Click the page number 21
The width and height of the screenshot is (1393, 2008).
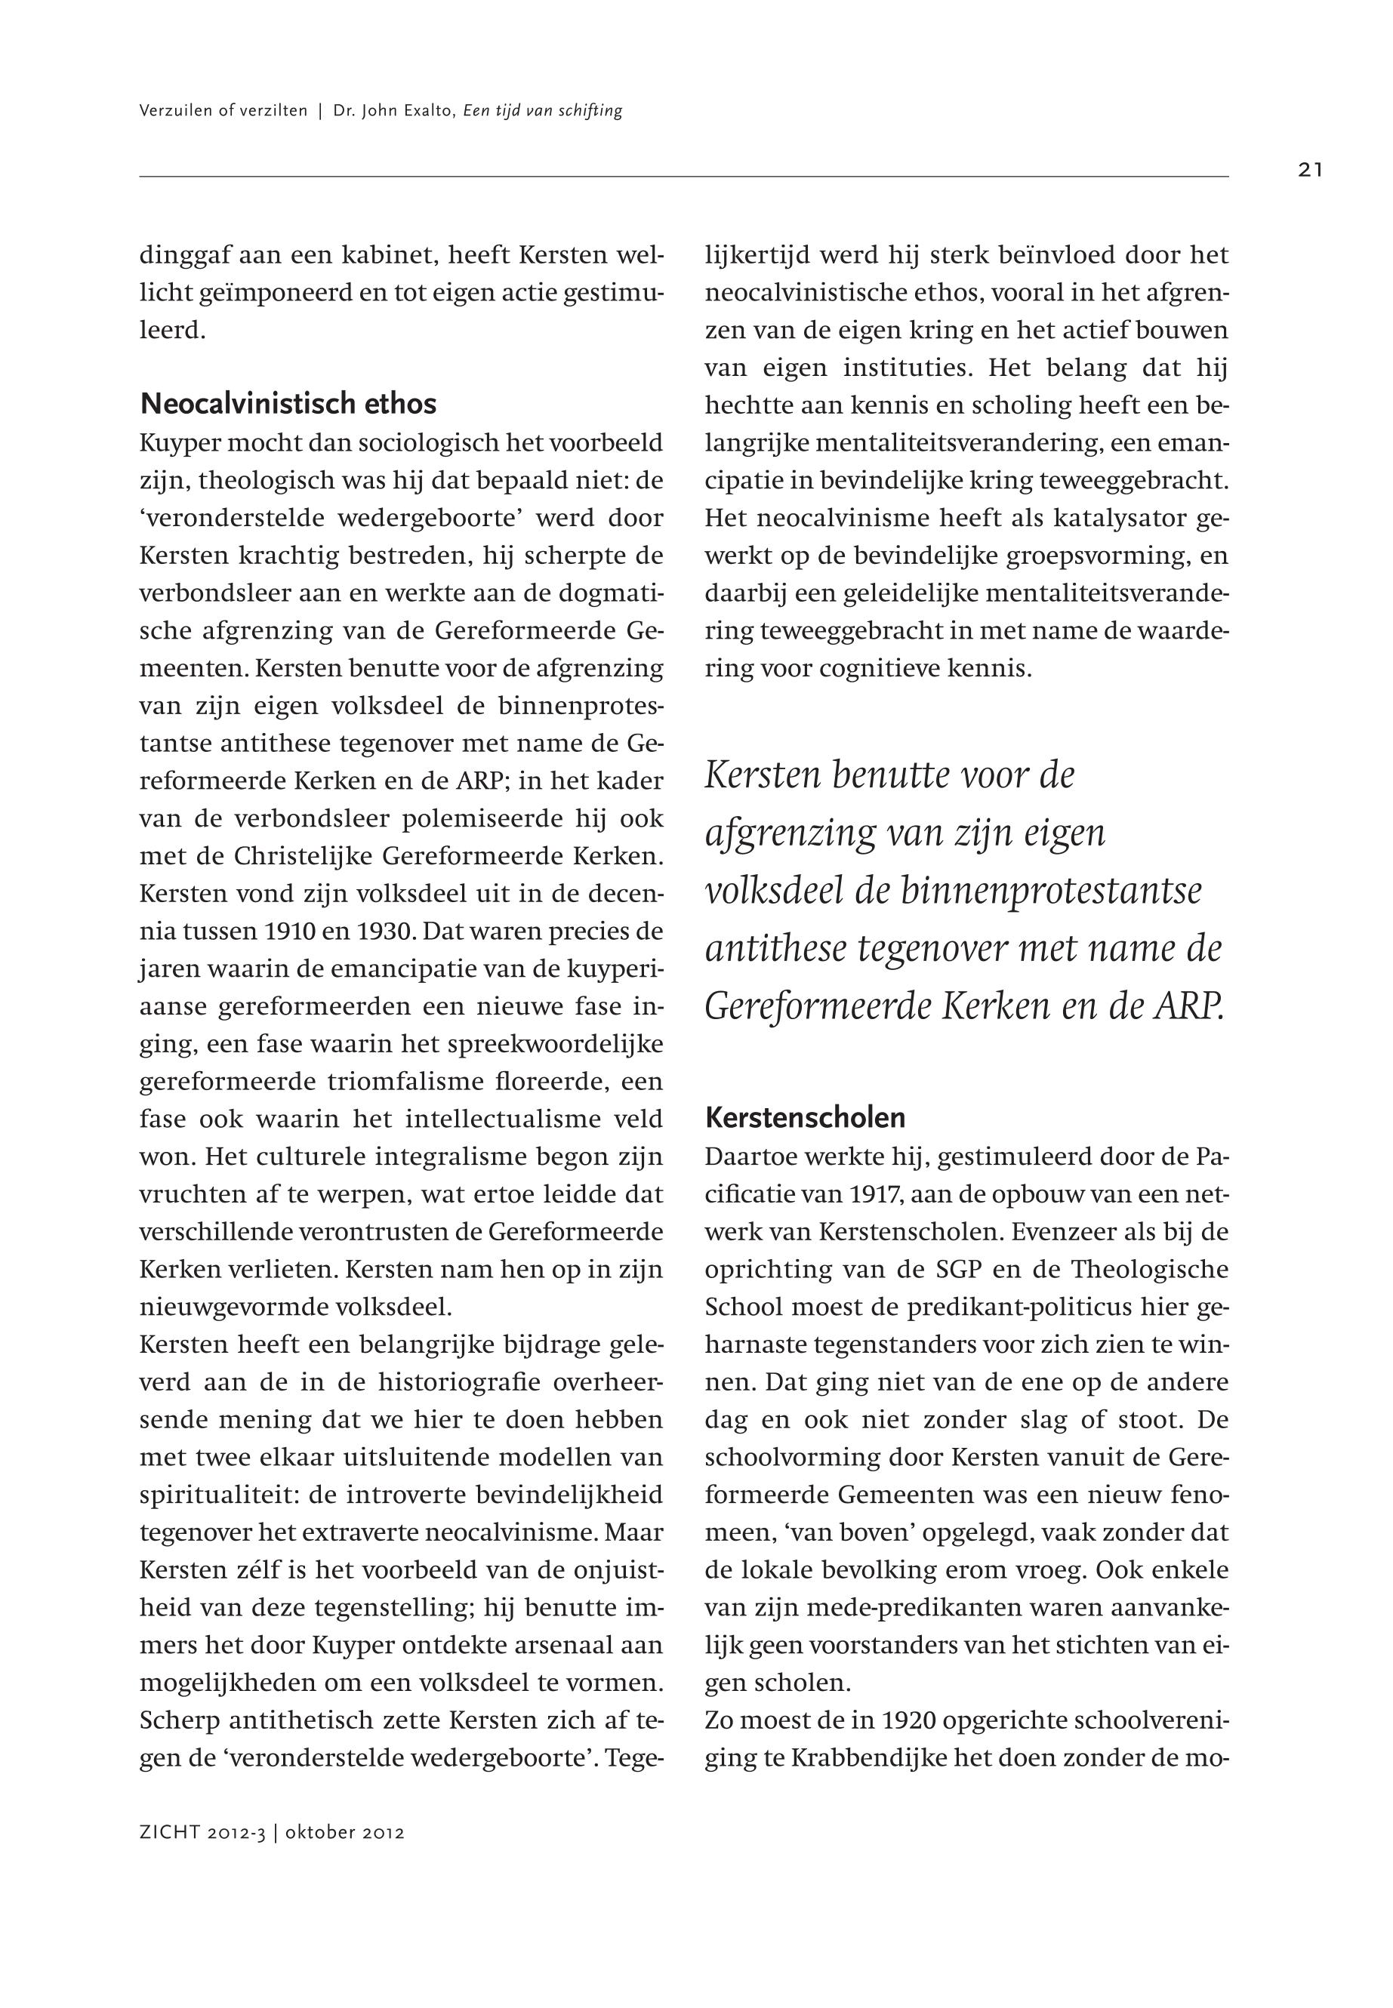pos(1309,170)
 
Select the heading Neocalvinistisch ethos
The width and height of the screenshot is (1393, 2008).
pos(288,404)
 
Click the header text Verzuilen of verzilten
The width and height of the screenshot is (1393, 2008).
pos(223,111)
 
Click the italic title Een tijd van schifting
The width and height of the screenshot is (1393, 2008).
pos(542,111)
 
